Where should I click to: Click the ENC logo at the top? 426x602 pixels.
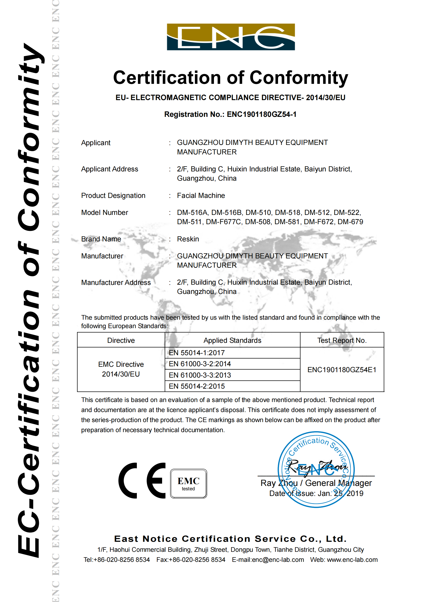[231, 37]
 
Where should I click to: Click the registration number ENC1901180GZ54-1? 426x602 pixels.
[261, 114]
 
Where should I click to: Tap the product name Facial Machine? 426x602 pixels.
[201, 196]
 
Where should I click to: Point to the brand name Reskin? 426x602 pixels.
[188, 239]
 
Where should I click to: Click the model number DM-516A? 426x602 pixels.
[193, 212]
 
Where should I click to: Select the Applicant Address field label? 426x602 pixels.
[110, 169]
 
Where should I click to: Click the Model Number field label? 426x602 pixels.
[104, 213]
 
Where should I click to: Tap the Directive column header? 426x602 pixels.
[121, 340]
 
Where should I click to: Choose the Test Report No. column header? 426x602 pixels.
[342, 340]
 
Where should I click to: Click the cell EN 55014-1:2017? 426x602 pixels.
[197, 353]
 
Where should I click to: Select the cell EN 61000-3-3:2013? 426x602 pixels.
[200, 375]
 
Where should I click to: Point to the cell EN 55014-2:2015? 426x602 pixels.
[197, 386]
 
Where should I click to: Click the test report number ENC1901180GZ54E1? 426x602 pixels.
[342, 370]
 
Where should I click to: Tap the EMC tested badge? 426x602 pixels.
[188, 484]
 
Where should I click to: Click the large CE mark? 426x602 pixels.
[142, 481]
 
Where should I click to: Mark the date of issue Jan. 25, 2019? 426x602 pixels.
[340, 493]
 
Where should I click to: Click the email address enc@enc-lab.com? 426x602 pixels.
[278, 560]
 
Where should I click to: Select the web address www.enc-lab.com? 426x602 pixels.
[352, 560]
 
